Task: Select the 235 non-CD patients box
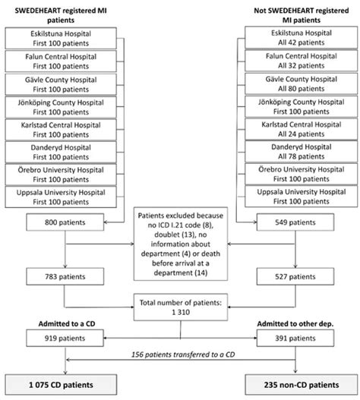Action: coord(300,383)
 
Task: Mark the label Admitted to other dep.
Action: coord(299,326)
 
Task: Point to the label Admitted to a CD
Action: coord(55,326)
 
